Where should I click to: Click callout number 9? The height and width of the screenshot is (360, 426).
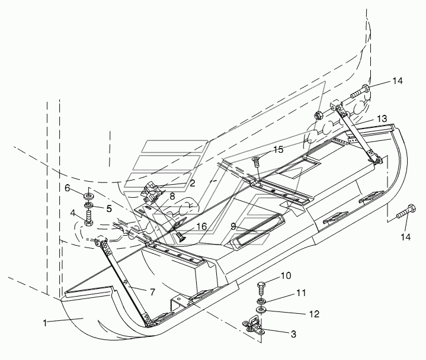[234, 226]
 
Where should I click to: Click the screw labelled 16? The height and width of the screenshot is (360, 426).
[180, 236]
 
